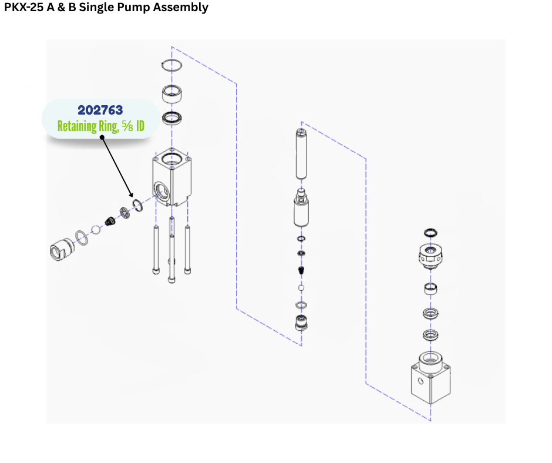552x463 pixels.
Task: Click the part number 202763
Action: pyautogui.click(x=100, y=110)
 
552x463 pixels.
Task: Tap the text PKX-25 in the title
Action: pyautogui.click(x=24, y=8)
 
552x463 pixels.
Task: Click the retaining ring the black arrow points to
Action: pyautogui.click(x=139, y=205)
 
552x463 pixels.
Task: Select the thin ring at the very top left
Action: pyautogui.click(x=172, y=65)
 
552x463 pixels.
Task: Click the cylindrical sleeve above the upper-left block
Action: pyautogui.click(x=172, y=93)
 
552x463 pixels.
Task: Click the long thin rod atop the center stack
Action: pyautogui.click(x=302, y=153)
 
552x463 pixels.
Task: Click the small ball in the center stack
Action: pyautogui.click(x=301, y=288)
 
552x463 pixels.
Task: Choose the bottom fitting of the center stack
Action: pyautogui.click(x=302, y=323)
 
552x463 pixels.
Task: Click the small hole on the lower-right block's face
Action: pyautogui.click(x=420, y=381)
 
